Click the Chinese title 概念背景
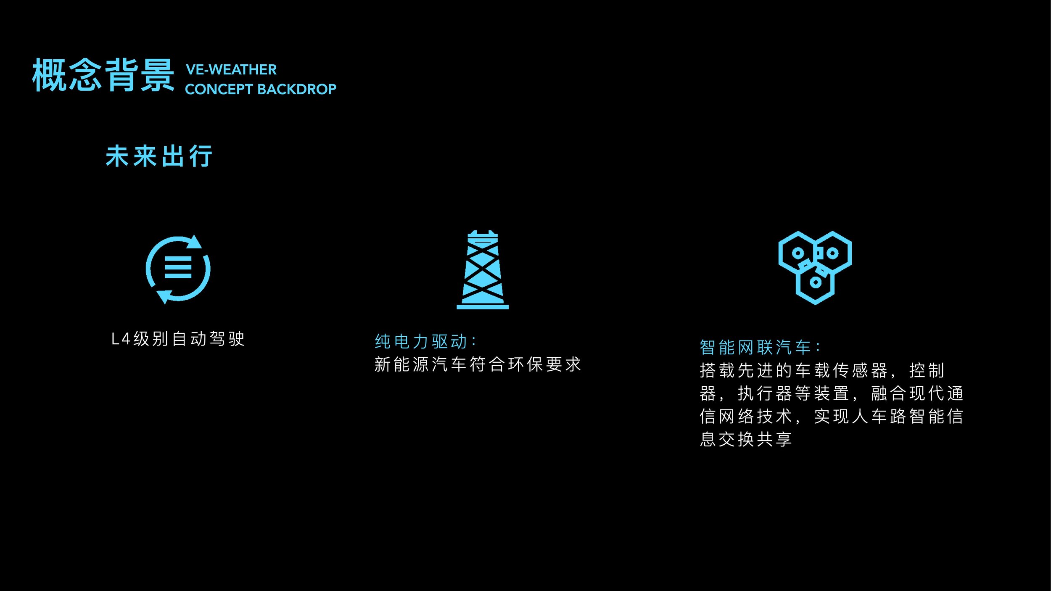103,75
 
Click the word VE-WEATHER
231,70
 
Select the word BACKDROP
297,89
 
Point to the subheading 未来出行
159,156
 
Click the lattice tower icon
483,269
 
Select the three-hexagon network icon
815,268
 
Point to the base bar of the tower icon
483,307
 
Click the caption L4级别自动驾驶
178,339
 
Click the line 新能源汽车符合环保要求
478,364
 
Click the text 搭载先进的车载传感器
794,370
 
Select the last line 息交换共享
746,439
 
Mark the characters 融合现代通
917,393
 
